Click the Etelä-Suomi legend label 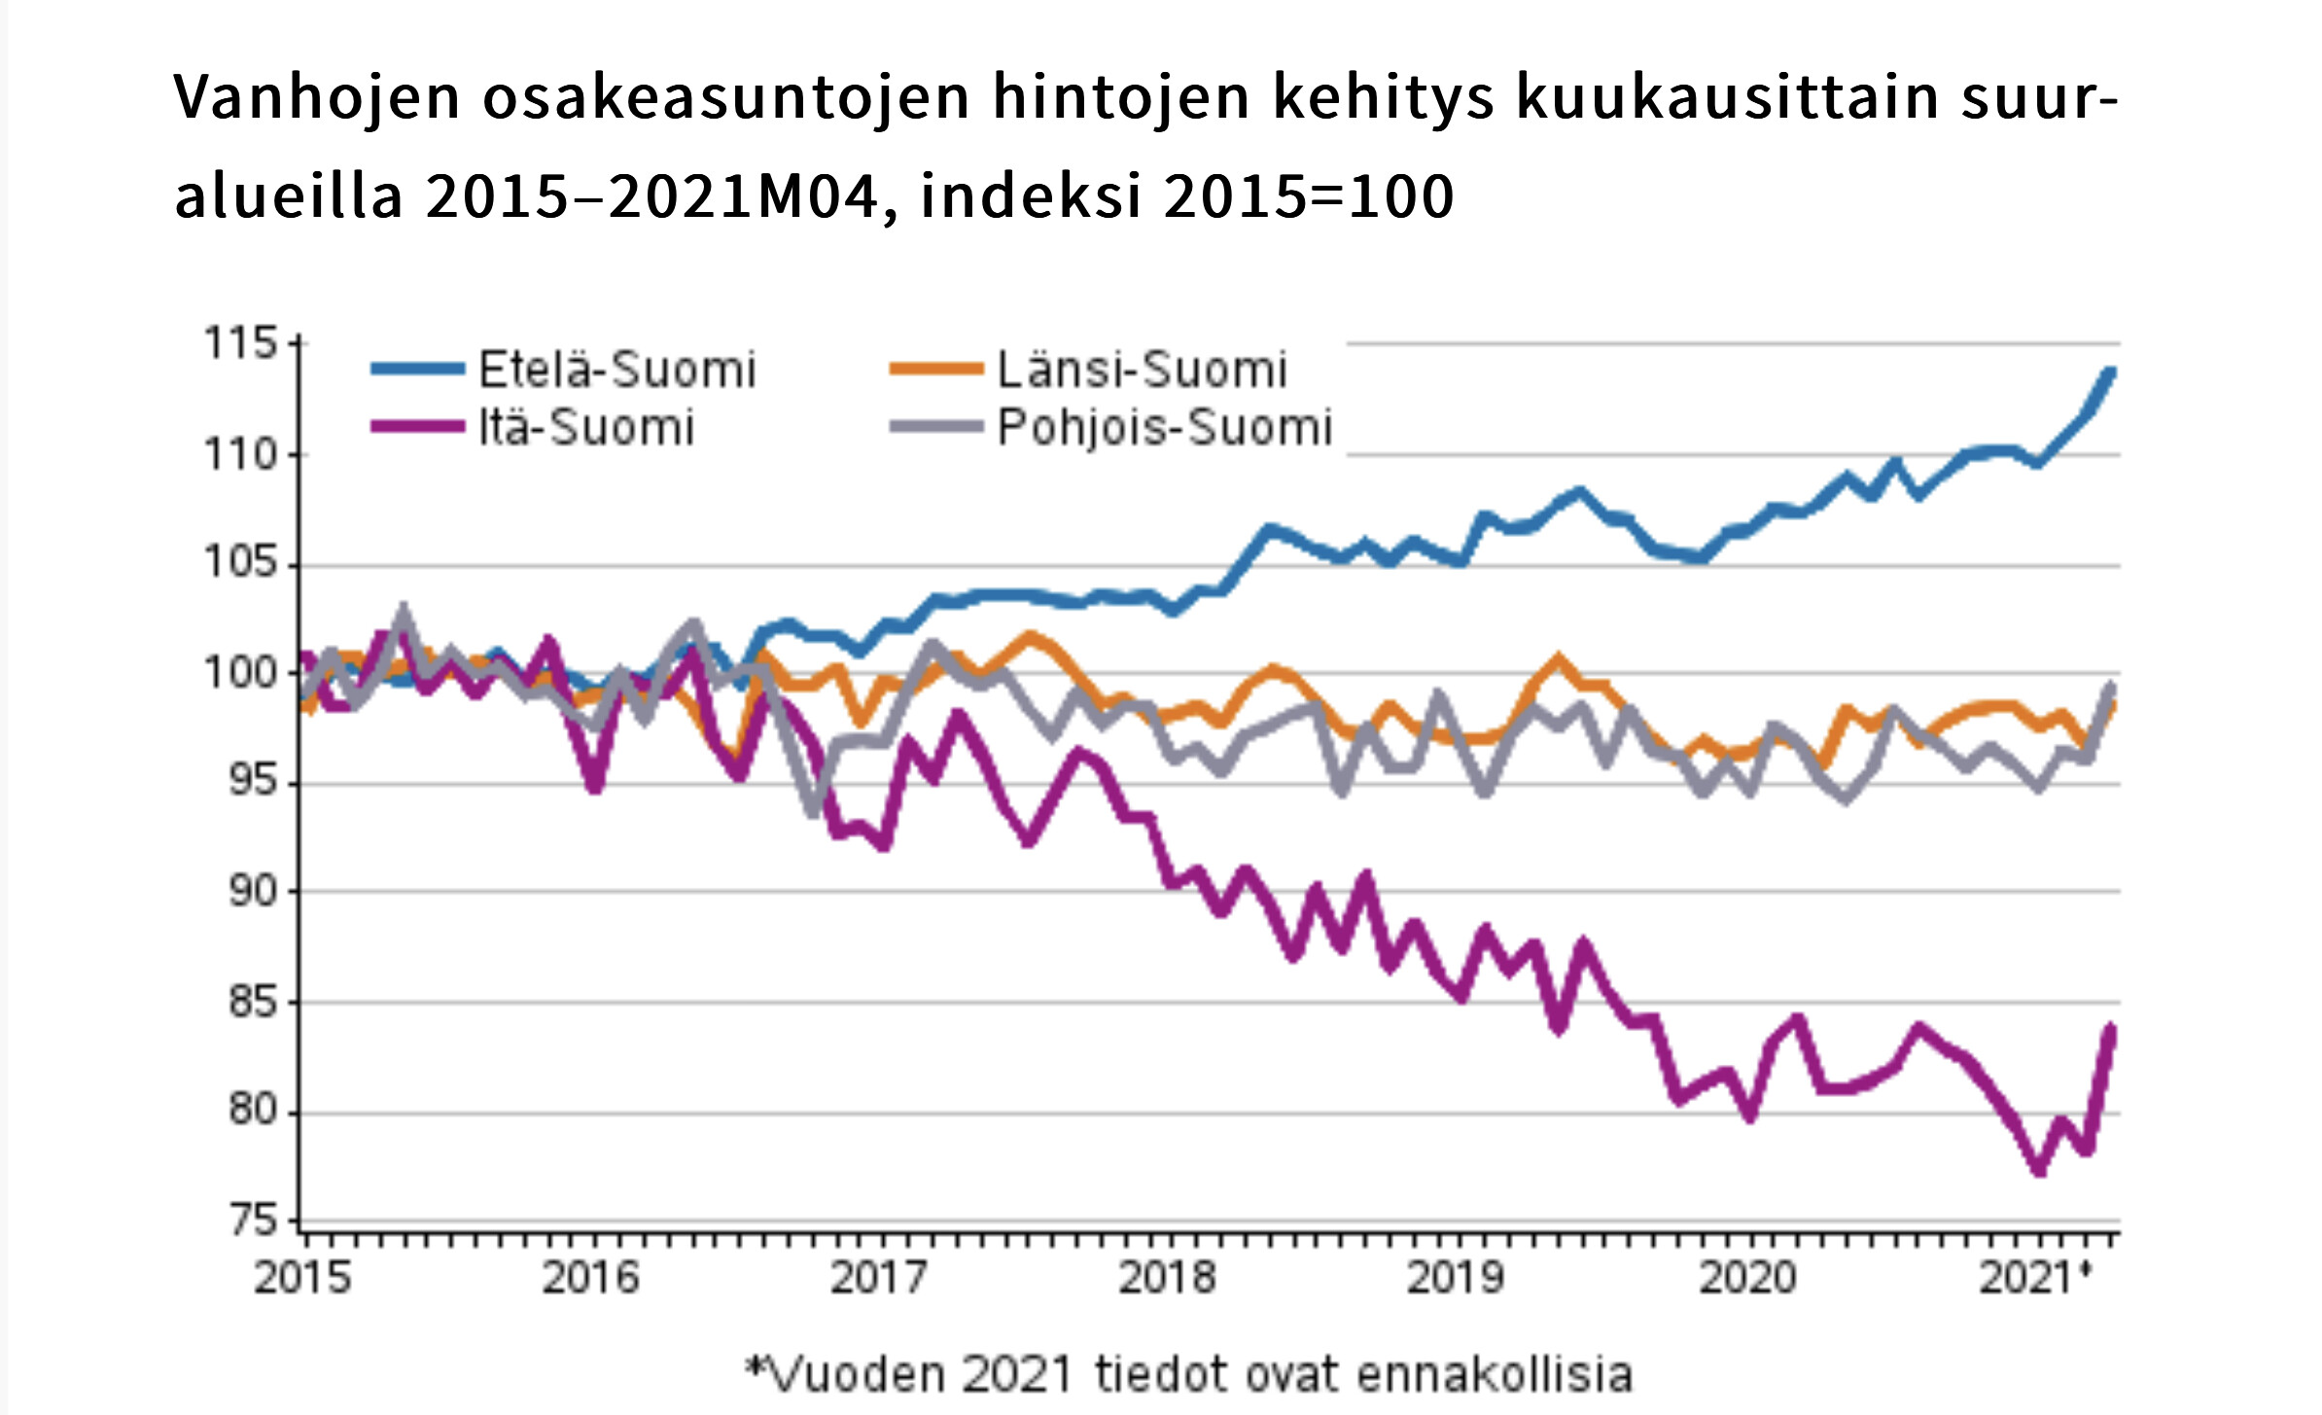tap(616, 370)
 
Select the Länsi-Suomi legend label tap(1142, 370)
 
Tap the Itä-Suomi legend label tap(586, 427)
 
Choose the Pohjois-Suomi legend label tap(1164, 427)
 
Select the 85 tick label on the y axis tap(253, 1001)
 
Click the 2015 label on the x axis tap(302, 1277)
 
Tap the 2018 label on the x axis tap(1167, 1277)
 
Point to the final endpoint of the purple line tap(2111, 1028)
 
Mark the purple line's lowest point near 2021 tap(2039, 1171)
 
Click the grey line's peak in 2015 tap(404, 609)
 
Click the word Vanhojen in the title tap(317, 97)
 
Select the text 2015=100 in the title tap(1308, 195)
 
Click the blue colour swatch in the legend tap(417, 369)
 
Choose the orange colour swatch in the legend tap(936, 369)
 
